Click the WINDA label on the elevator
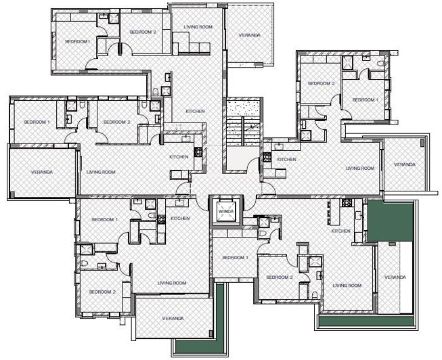coord(225,212)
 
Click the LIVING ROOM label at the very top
coord(198,27)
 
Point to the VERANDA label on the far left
coord(42,172)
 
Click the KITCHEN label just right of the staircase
coord(286,159)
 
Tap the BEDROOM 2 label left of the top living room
coord(143,32)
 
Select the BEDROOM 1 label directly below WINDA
coord(236,257)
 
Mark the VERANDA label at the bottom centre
coord(173,317)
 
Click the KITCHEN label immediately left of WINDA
coord(179,218)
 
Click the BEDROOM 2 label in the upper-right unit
coord(322,83)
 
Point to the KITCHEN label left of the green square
coord(340,231)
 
